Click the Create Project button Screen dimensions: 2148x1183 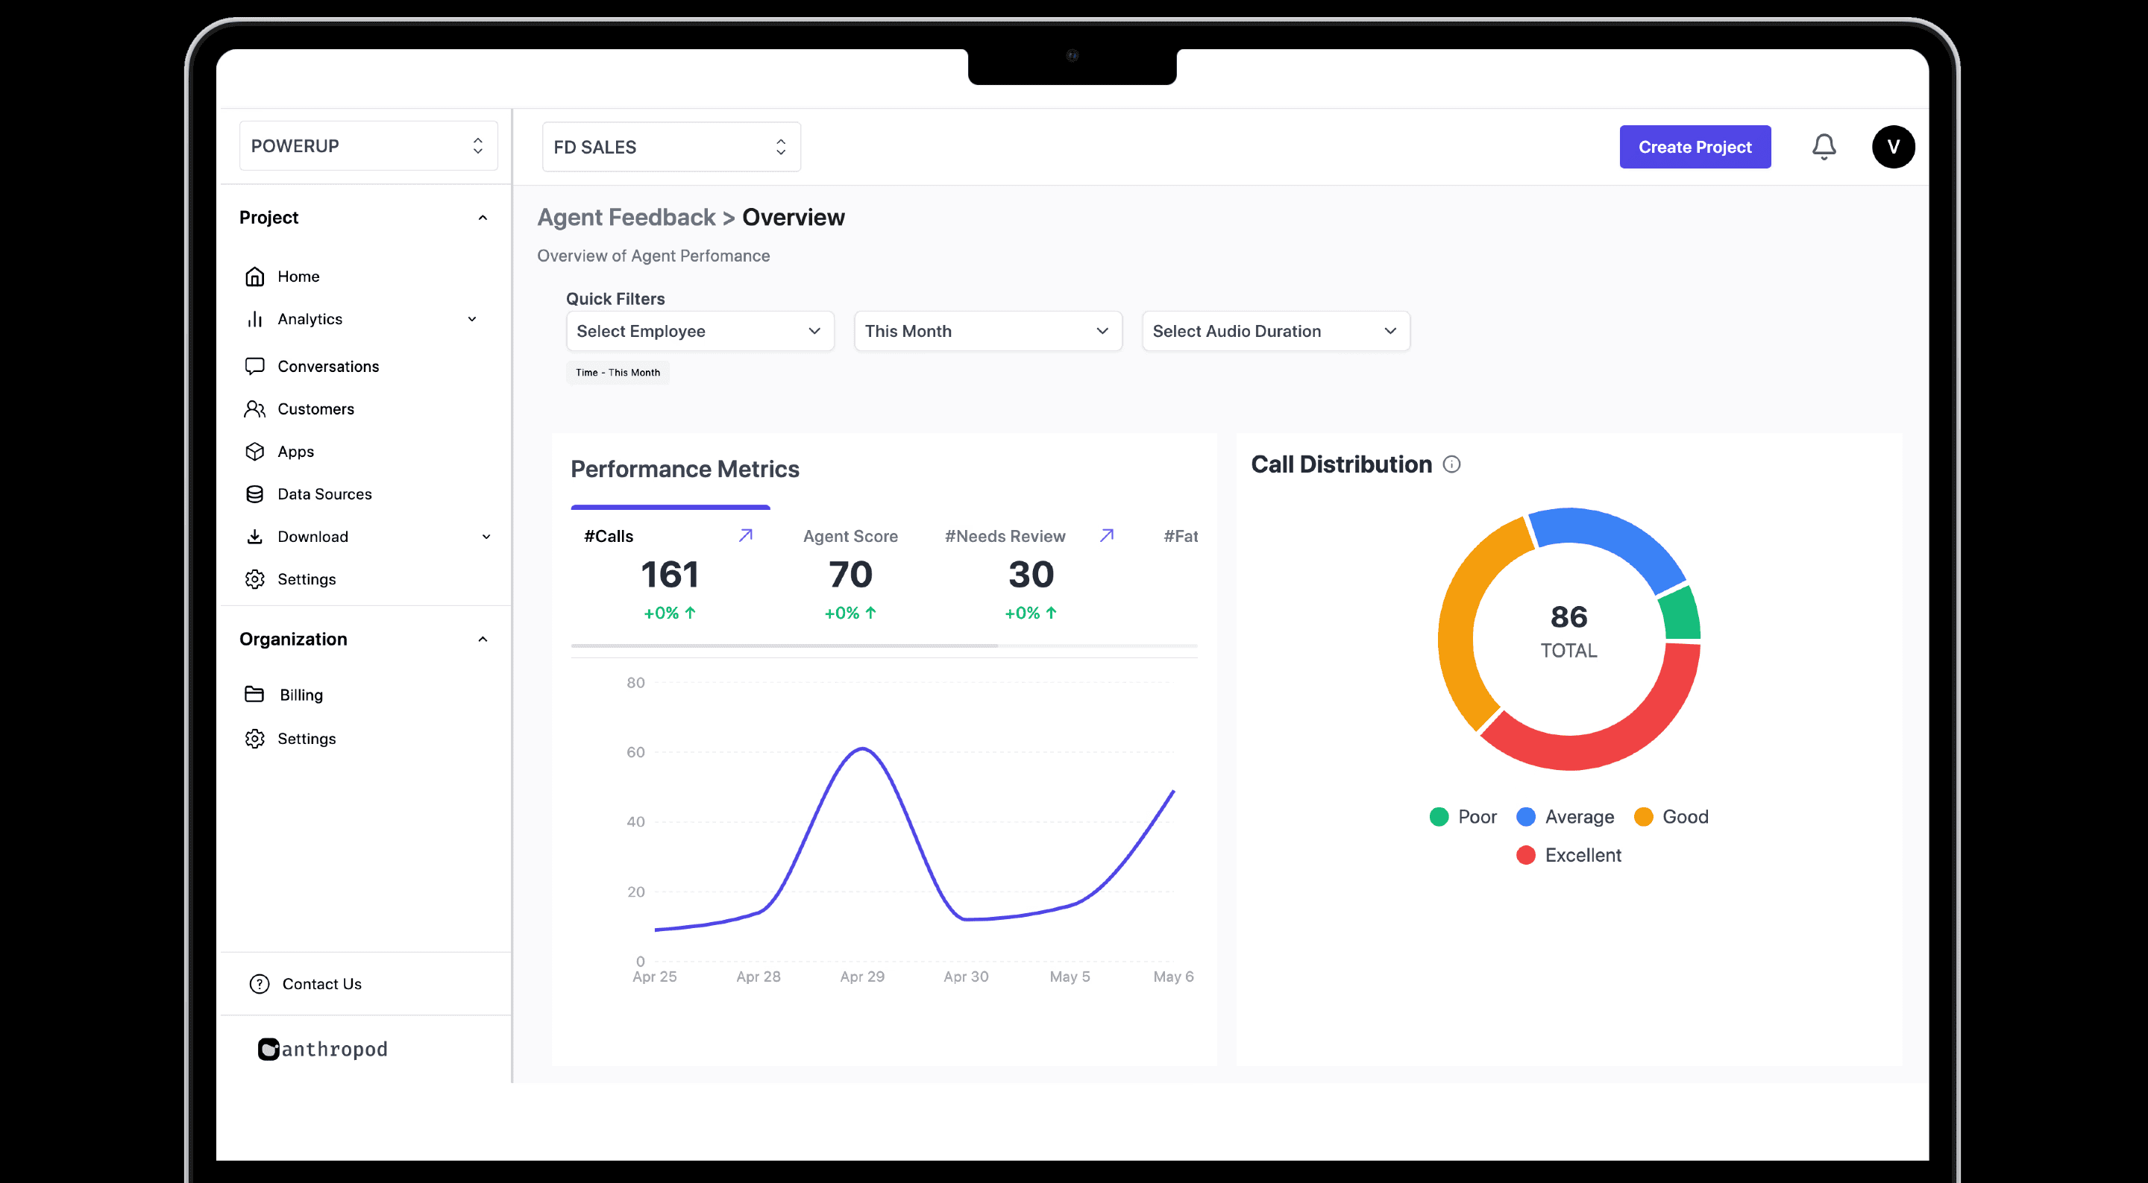coord(1695,147)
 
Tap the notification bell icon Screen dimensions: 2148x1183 coord(1824,147)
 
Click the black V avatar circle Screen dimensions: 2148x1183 coord(1893,147)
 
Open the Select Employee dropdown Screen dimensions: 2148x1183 coord(700,331)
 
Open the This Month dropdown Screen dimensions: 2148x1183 coord(988,331)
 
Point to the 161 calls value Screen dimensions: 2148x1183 coord(670,575)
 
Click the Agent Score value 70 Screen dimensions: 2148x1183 coord(850,575)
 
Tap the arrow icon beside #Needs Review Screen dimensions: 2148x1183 coord(1107,535)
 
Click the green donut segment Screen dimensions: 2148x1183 coord(1681,613)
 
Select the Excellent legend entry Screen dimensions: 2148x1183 coord(1568,854)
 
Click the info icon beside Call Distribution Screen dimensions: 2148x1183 coord(1451,464)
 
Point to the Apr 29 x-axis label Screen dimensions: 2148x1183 coord(862,977)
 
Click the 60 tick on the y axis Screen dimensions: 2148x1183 coord(635,752)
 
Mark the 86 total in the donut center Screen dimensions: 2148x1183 coord(1568,617)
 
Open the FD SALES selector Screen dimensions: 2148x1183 coord(671,147)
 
